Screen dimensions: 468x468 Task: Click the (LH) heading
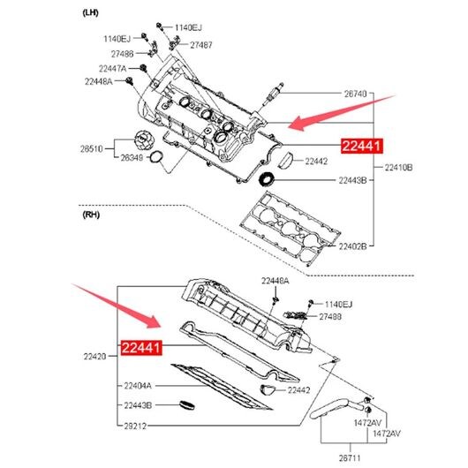point(90,13)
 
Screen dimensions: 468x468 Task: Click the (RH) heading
point(91,215)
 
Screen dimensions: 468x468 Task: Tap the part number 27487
point(201,45)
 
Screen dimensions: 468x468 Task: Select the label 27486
point(123,54)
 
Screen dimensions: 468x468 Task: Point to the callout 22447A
point(112,69)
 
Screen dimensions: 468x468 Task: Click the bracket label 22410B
point(398,168)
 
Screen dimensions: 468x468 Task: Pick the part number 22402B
point(352,246)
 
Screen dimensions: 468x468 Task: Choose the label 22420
point(94,357)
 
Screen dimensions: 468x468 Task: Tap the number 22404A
point(138,386)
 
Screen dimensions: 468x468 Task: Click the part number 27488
point(330,317)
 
